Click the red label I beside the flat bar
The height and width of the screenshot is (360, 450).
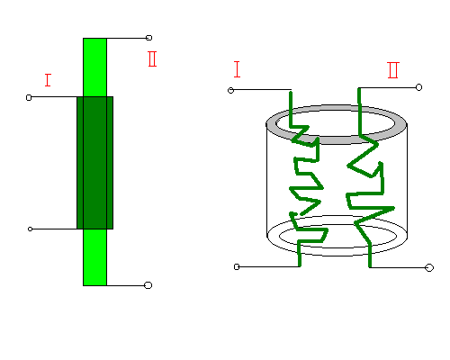point(48,80)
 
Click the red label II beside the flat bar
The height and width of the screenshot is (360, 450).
point(152,58)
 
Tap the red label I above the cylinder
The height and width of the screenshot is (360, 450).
point(237,69)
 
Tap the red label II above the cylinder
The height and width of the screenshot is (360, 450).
point(393,70)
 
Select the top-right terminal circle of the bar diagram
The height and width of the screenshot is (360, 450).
point(148,38)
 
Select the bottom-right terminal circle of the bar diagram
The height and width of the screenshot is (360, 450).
point(148,285)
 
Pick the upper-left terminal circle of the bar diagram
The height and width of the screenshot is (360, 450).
point(29,97)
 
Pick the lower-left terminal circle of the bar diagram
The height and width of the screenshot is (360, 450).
point(30,229)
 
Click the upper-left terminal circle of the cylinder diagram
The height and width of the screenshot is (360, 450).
point(230,90)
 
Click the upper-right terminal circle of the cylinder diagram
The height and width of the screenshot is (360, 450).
point(418,87)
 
